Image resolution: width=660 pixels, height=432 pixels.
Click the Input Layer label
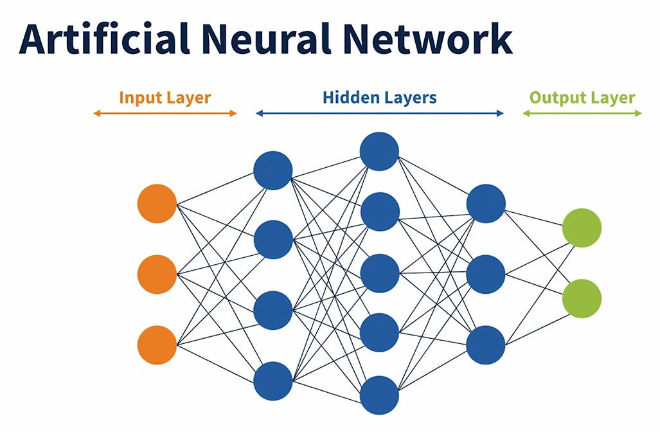pos(165,98)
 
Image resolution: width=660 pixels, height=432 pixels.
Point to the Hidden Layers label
pos(379,98)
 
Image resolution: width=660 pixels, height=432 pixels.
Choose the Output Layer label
pos(582,98)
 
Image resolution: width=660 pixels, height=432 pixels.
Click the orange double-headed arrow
pos(165,113)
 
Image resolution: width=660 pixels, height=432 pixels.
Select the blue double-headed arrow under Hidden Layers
pos(379,113)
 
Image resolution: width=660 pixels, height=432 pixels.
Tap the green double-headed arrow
pos(582,113)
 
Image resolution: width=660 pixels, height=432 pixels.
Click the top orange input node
pos(157,203)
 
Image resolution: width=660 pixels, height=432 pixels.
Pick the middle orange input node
pos(157,274)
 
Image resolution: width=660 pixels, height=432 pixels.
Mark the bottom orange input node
pos(157,345)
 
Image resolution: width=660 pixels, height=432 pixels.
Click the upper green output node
pos(582,228)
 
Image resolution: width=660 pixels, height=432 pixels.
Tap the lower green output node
pos(582,298)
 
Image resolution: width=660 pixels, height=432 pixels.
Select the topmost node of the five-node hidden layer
pos(379,151)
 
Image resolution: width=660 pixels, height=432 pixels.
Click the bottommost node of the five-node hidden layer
pos(379,395)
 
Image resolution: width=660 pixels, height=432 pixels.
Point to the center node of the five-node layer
pos(379,273)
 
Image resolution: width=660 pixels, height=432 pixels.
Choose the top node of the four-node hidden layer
pos(273,170)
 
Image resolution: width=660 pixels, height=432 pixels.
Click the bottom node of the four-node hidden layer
pos(273,381)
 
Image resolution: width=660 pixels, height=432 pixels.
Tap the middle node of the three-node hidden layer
pos(486,274)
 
